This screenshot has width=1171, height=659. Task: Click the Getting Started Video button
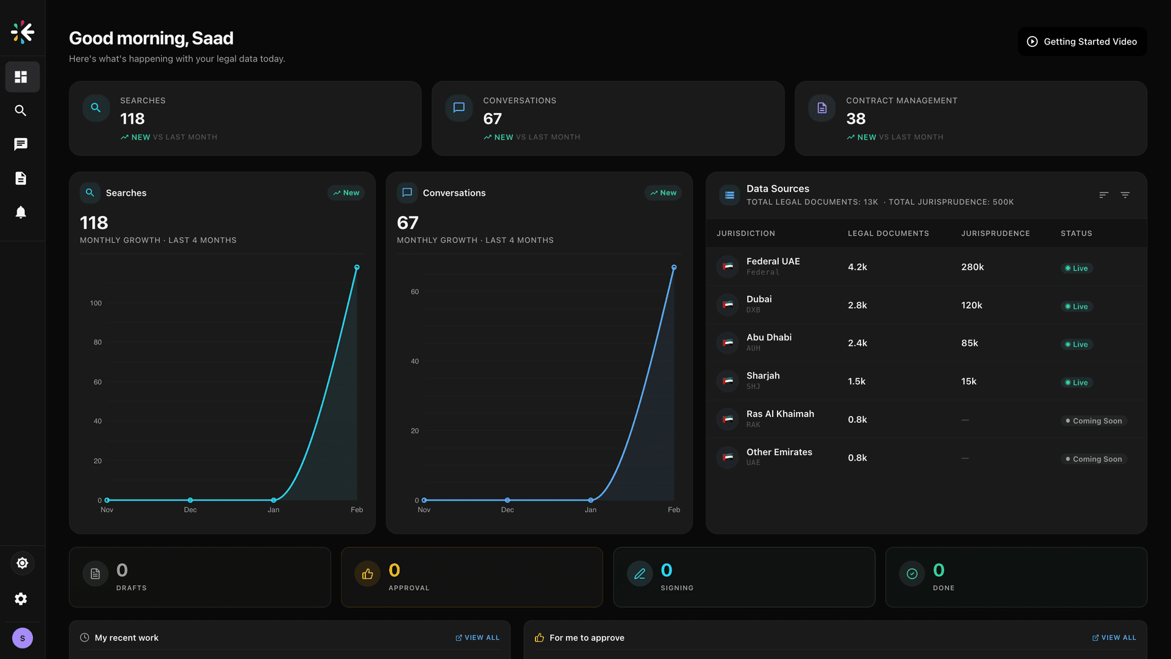(1082, 41)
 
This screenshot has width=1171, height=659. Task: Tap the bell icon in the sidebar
(21, 212)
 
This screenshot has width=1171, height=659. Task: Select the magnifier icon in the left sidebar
(21, 110)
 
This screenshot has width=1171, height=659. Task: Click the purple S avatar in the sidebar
(23, 638)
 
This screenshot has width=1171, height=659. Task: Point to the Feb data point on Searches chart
(357, 267)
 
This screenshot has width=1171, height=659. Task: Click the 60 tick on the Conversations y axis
(415, 292)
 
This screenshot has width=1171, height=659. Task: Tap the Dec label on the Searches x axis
(190, 510)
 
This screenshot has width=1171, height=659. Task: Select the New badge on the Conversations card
(663, 193)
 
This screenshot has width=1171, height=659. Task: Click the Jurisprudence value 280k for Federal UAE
(972, 267)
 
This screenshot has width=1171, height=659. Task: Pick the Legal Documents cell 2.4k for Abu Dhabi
(857, 343)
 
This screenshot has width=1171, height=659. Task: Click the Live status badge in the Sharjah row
(1076, 383)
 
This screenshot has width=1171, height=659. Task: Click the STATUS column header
(1076, 233)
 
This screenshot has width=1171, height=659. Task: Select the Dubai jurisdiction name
(759, 299)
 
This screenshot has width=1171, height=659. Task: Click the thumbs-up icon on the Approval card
(368, 574)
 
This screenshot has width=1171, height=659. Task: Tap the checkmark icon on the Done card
(912, 574)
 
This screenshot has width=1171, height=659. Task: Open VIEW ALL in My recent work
(478, 638)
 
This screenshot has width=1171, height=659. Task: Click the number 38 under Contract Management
(856, 118)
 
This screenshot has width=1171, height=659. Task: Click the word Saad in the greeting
(212, 38)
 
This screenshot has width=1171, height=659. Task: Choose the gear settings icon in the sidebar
(21, 599)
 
